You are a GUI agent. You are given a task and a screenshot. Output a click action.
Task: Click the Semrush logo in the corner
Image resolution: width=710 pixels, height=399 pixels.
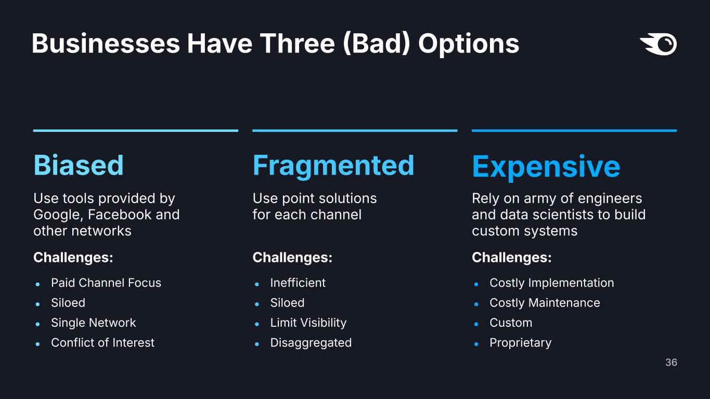(659, 44)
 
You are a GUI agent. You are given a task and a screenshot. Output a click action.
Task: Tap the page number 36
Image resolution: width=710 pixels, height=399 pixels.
(671, 362)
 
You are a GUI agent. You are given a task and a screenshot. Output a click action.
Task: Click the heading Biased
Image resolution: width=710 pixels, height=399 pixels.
(79, 165)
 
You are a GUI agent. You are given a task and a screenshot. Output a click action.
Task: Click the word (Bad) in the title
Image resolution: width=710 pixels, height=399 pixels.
(376, 44)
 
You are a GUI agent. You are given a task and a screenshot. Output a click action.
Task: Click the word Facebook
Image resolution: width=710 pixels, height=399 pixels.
(119, 215)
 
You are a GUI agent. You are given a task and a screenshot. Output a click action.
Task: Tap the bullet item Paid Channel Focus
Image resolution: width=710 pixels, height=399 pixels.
(106, 283)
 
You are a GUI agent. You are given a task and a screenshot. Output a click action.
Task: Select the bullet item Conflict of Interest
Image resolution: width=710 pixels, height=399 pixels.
(102, 343)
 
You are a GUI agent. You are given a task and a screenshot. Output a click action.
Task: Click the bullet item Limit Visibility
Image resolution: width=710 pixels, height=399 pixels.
(308, 323)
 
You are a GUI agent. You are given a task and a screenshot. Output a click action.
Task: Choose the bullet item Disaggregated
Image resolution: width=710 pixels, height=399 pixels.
(311, 343)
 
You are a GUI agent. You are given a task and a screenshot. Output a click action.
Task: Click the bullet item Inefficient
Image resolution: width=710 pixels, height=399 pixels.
(298, 283)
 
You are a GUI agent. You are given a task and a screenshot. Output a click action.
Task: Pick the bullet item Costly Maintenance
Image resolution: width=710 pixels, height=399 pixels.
(545, 303)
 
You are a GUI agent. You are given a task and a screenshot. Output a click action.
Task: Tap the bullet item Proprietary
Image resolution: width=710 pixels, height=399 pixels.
(521, 343)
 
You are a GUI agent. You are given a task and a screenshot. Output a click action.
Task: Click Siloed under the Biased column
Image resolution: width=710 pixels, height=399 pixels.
(68, 303)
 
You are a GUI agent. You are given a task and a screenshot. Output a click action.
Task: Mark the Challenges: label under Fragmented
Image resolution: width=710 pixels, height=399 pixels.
(292, 258)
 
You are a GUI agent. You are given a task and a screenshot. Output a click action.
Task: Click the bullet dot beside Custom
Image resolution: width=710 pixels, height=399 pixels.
(476, 324)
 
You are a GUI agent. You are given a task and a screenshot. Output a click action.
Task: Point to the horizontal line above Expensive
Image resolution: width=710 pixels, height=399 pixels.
(574, 130)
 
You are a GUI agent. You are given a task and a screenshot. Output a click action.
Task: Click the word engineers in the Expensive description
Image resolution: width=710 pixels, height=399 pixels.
(610, 199)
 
